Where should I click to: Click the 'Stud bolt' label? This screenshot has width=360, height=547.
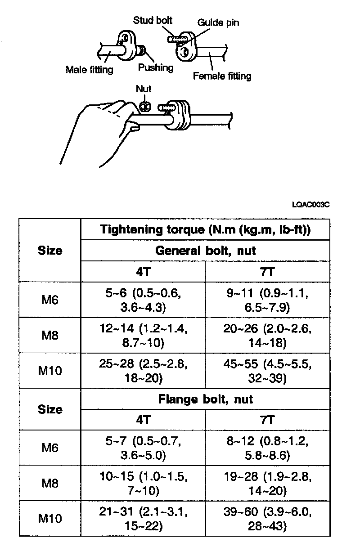point(153,20)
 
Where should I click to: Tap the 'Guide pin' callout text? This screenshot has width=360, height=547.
point(218,22)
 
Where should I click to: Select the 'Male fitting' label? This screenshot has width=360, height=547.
point(90,70)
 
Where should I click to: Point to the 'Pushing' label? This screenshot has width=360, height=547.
point(156,68)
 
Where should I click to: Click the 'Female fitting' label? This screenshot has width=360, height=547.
point(222,76)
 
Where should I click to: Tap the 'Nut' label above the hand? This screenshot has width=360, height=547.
point(144,89)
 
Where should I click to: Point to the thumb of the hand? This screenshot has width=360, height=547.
point(133,129)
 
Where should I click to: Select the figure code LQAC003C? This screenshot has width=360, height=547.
point(311,205)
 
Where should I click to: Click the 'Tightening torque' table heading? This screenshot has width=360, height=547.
point(205,229)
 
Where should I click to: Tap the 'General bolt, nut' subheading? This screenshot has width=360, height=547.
point(205,251)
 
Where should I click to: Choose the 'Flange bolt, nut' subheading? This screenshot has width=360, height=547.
point(205,399)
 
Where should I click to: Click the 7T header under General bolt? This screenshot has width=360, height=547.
point(267,272)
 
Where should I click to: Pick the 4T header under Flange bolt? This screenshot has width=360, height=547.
point(143,420)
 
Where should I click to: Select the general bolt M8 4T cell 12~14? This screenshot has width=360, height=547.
point(143,336)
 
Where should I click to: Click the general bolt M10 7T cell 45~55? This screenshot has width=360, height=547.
point(267,371)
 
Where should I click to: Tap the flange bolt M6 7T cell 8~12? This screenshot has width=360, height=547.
point(267,448)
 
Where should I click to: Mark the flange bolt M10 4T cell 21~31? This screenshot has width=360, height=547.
point(143,518)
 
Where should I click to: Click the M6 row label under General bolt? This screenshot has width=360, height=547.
point(50,300)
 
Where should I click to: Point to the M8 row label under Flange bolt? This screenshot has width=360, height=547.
point(50,483)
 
